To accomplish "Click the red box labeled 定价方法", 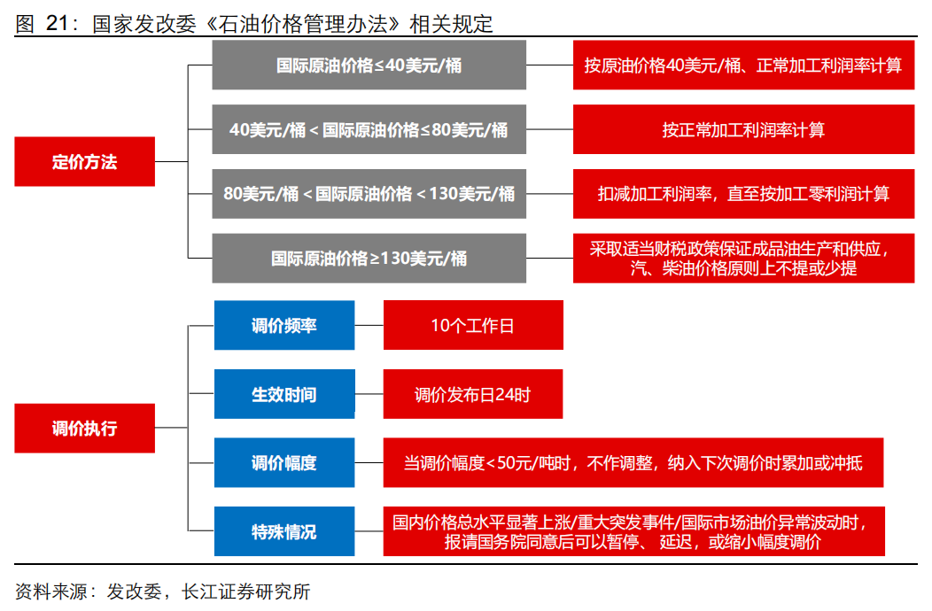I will tap(84, 162).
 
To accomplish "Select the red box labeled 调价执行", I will tap(84, 429).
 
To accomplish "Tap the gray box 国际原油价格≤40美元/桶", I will tap(369, 66).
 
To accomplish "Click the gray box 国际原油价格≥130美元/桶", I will tap(369, 259).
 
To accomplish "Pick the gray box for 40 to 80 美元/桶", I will tap(369, 129).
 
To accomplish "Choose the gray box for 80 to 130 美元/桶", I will tap(369, 194).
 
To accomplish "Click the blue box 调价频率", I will tap(284, 325).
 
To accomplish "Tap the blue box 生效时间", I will tap(284, 394).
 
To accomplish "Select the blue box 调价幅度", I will tap(284, 462).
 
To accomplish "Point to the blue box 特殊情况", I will tap(284, 531).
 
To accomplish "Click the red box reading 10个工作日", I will tap(472, 325).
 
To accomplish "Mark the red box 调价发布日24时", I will tap(472, 394).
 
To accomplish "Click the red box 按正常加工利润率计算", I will tap(743, 129).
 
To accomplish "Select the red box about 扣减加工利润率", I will tap(743, 194).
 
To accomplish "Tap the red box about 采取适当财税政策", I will tap(743, 259).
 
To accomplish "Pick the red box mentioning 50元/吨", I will tap(633, 462).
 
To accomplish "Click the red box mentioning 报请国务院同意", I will tap(633, 531).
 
